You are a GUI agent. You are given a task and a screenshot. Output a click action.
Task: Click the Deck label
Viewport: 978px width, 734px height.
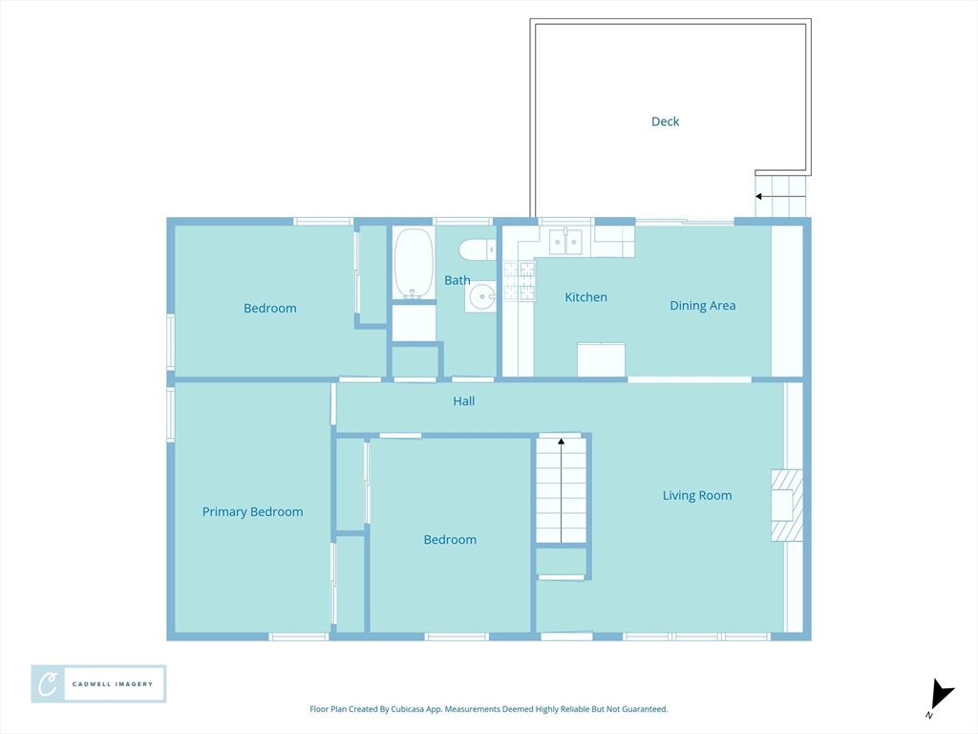665,121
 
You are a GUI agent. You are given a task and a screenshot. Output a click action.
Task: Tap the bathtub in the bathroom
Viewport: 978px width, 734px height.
414,263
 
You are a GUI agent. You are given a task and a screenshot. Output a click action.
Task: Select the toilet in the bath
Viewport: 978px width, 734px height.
478,250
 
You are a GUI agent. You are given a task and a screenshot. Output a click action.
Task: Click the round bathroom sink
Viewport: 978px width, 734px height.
481,296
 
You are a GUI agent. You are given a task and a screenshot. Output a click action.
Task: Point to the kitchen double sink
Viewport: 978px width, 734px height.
565,242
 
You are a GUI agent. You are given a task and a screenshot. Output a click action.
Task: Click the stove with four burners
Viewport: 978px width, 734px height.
520,281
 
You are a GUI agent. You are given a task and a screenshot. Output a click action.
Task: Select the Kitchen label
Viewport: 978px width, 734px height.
585,298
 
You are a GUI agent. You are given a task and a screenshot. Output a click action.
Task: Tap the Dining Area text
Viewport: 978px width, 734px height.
702,306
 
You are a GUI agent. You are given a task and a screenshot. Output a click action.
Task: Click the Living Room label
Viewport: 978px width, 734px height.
696,496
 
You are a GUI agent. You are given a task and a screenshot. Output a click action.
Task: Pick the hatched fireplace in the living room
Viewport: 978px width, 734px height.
787,505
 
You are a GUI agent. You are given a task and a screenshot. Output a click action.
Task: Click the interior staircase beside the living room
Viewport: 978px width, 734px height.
562,490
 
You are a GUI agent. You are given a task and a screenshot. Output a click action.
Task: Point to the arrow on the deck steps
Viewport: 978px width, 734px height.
780,197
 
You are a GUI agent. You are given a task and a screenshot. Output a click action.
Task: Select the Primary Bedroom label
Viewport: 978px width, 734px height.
252,512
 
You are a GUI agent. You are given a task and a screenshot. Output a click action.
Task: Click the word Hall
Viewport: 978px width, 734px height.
464,401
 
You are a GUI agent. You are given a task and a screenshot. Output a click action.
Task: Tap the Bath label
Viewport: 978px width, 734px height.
457,281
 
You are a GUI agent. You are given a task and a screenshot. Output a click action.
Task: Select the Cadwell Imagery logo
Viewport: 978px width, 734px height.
98,684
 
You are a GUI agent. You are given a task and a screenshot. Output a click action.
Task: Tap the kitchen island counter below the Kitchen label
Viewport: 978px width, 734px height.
601,359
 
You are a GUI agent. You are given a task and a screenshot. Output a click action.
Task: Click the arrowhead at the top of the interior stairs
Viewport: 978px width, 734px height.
562,442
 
